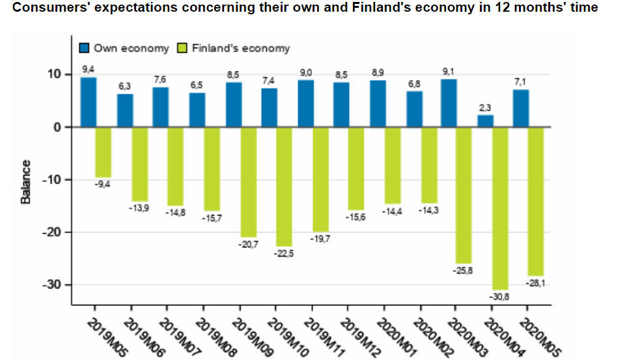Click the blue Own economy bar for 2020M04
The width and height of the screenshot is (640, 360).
click(x=486, y=121)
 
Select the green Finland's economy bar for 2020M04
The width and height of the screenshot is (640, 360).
click(x=500, y=208)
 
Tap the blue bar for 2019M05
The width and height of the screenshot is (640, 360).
click(x=89, y=102)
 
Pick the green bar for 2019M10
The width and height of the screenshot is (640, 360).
click(x=284, y=187)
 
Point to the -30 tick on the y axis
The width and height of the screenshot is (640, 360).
click(x=53, y=285)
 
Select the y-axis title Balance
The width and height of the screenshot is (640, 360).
click(x=26, y=182)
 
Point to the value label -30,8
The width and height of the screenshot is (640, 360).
click(x=500, y=297)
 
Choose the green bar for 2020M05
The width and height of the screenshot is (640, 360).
click(x=536, y=202)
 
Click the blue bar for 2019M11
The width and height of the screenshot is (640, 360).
click(x=306, y=104)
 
